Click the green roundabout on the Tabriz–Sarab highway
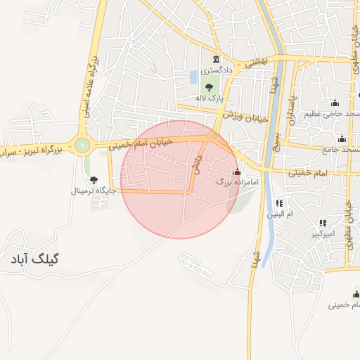(83, 146)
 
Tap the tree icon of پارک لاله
(209, 86)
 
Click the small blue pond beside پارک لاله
(193, 76)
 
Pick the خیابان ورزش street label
(246, 116)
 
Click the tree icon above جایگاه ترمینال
(94, 180)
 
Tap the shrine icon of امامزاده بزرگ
(236, 172)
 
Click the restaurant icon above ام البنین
(279, 202)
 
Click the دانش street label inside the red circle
(198, 165)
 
